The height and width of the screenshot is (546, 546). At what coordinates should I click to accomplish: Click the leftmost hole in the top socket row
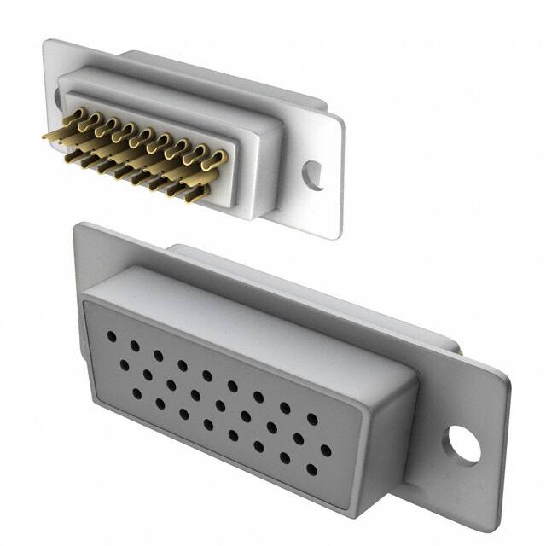111,336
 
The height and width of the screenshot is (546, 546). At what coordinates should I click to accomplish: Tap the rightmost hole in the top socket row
312,419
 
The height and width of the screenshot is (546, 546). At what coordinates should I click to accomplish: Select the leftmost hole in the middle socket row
124,364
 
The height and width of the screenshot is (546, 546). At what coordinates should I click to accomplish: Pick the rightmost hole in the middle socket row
325,450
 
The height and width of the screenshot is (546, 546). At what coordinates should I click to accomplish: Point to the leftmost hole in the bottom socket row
136,393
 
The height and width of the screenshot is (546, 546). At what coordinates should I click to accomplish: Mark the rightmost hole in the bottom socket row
311,469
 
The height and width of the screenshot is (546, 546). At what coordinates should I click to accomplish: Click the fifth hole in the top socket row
206,375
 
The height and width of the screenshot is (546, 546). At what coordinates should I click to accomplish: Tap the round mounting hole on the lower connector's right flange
463,444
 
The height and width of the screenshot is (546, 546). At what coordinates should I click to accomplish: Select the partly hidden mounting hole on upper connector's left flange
58,97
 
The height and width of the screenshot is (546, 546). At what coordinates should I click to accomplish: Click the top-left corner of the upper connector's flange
48,41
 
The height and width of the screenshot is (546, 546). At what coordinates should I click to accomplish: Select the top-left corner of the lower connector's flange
77,224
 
